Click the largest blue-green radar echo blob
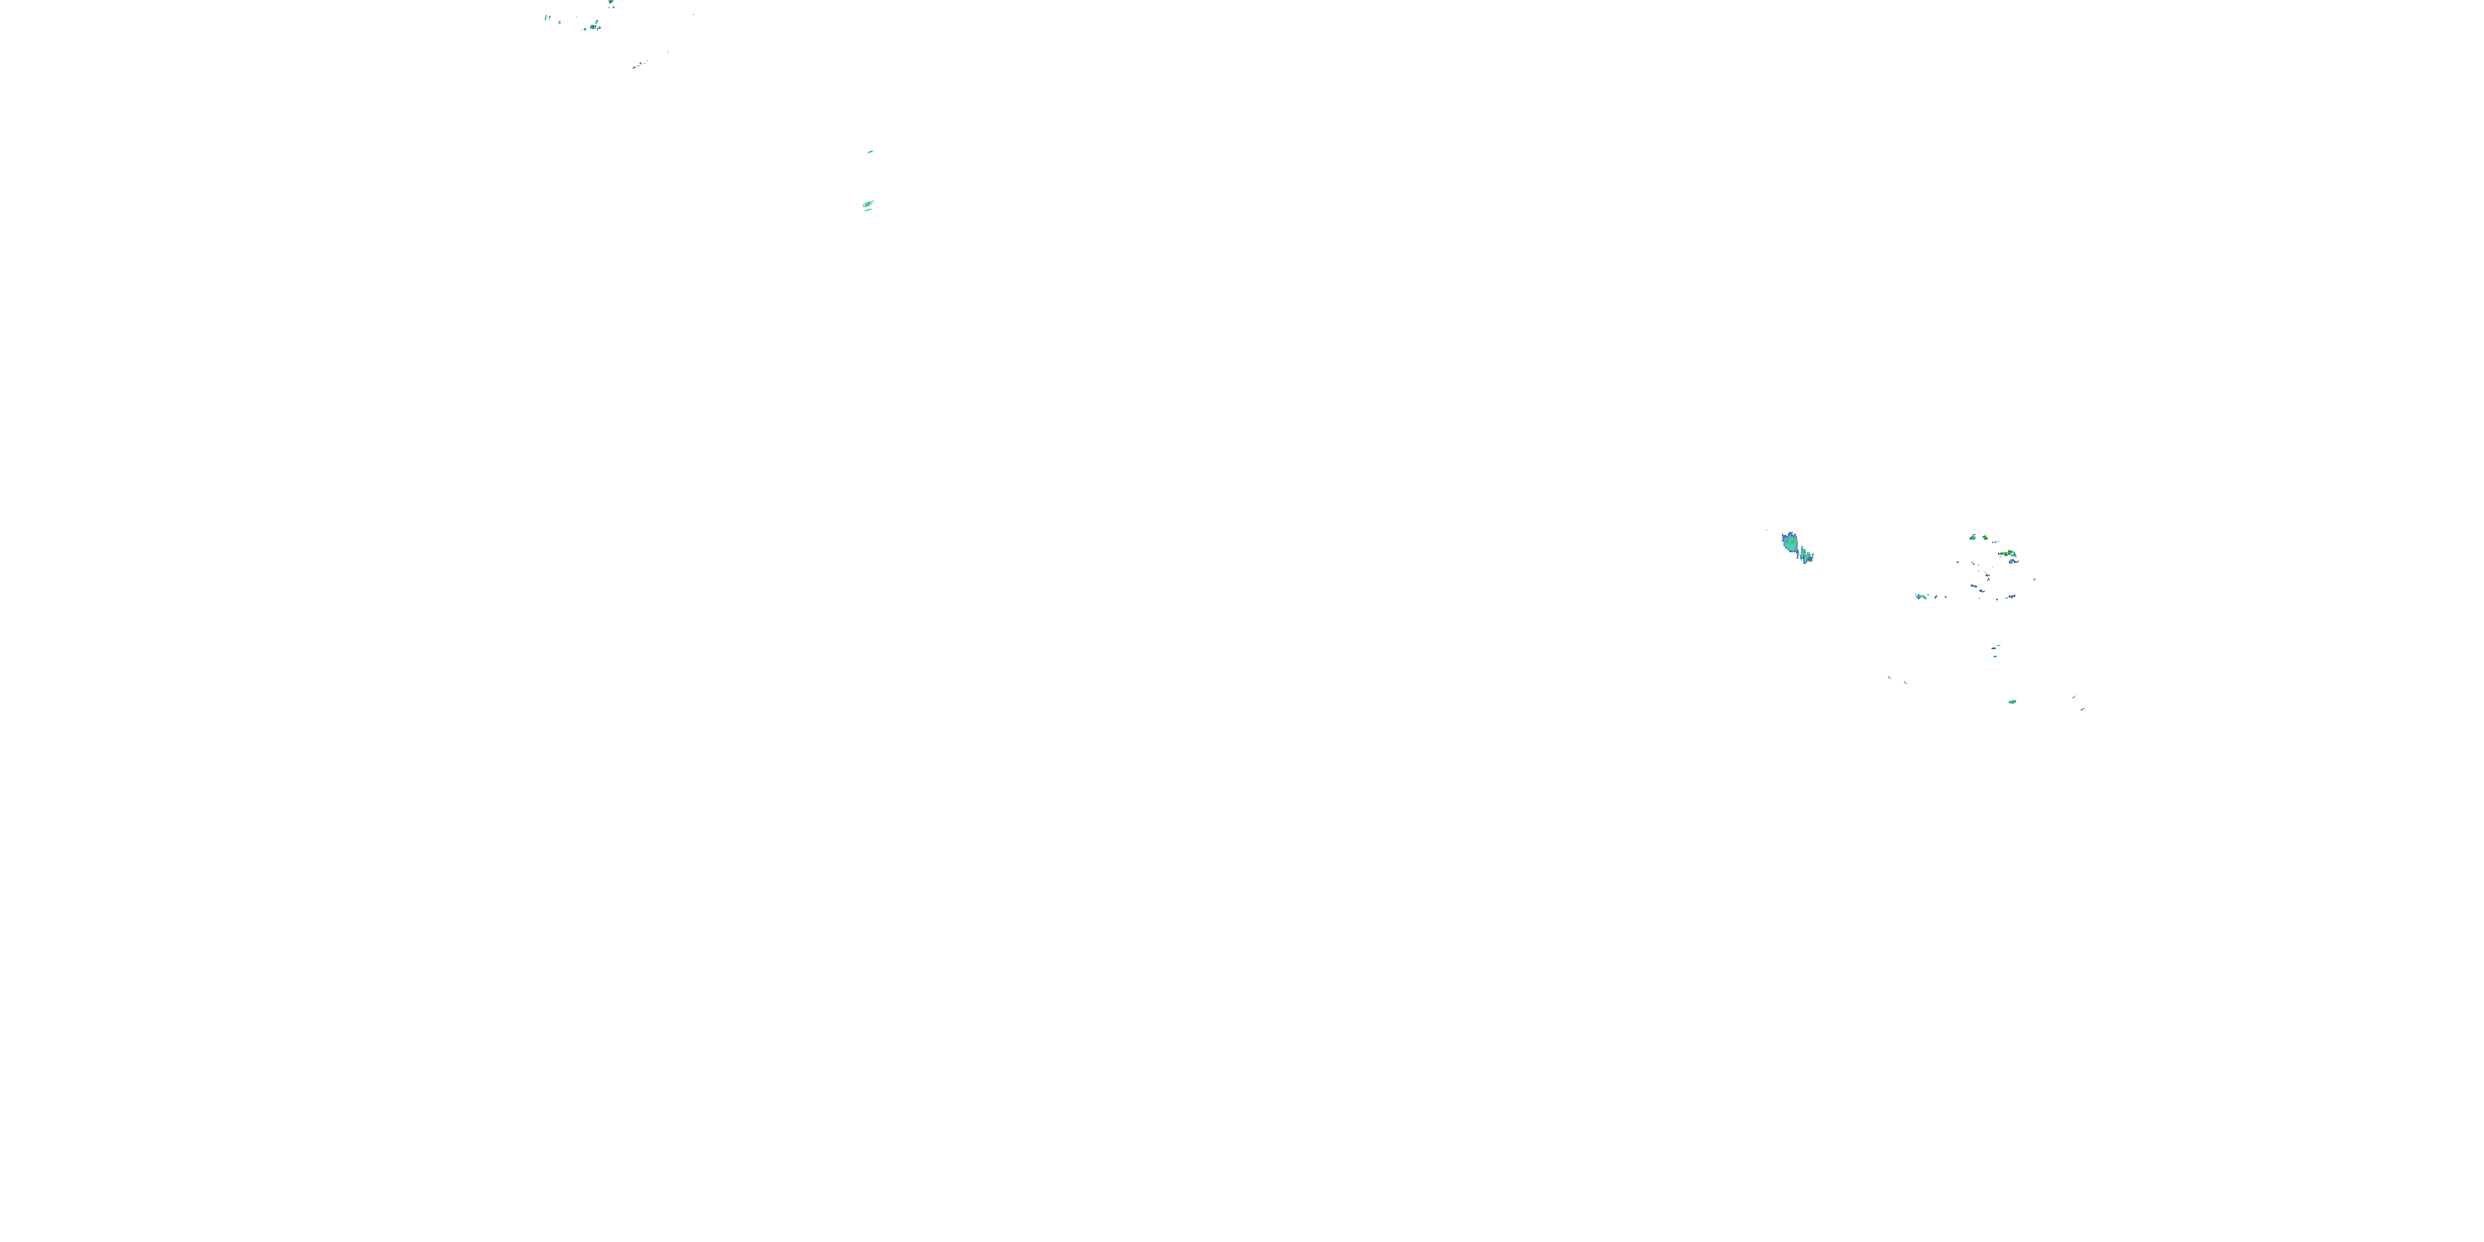coord(1789,542)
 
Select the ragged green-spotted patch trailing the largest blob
coord(1805,556)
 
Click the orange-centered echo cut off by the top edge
coord(611,2)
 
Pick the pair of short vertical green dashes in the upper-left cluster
coord(547,17)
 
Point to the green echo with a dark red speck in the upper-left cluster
coord(592,26)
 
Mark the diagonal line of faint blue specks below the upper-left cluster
coord(638,65)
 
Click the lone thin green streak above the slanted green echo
coord(871,152)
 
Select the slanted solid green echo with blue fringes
coord(868,204)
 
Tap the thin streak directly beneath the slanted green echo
coord(868,210)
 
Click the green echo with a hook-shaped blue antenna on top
coord(1973,537)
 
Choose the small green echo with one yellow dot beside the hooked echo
coord(1986,538)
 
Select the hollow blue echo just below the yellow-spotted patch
coord(2014,561)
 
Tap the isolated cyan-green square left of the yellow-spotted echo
coord(1957,562)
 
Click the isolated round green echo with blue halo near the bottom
coord(2013,702)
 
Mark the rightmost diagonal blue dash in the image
coord(2084,709)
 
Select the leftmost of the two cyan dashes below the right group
coord(1890,678)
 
